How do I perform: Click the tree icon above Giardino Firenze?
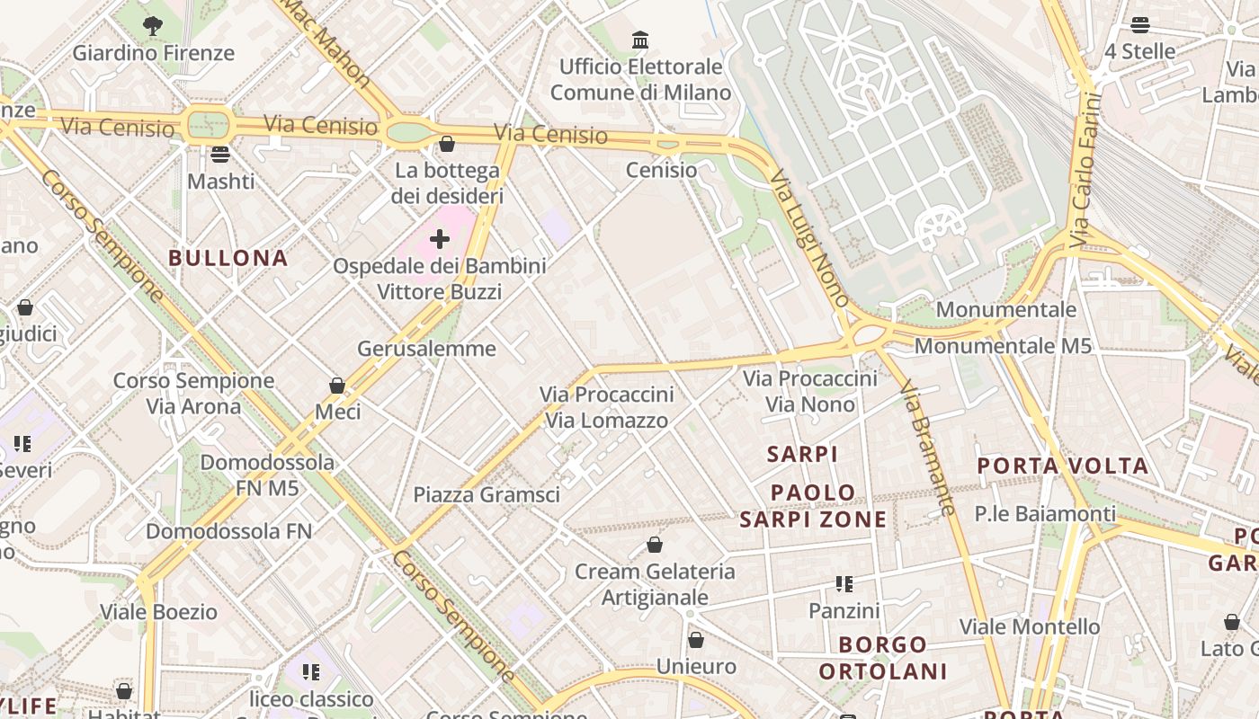click(153, 26)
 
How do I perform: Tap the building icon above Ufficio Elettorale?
click(640, 40)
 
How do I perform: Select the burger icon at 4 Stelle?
click(1140, 24)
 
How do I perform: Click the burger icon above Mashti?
click(220, 154)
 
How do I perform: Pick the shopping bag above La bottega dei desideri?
click(446, 144)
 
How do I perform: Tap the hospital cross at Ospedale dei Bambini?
click(440, 239)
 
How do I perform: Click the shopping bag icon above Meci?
click(337, 386)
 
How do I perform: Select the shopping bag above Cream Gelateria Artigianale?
click(655, 545)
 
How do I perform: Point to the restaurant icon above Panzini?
click(844, 584)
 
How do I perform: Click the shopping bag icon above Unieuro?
click(696, 640)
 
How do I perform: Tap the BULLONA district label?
click(228, 258)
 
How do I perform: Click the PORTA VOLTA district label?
click(1063, 466)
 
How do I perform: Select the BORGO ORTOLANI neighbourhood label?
click(883, 658)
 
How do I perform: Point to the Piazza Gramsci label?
click(487, 494)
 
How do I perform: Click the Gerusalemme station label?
click(426, 349)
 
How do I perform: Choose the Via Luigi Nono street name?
click(810, 243)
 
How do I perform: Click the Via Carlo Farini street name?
click(1086, 170)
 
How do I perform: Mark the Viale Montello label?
click(1030, 626)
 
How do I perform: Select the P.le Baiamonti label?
click(1045, 514)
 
